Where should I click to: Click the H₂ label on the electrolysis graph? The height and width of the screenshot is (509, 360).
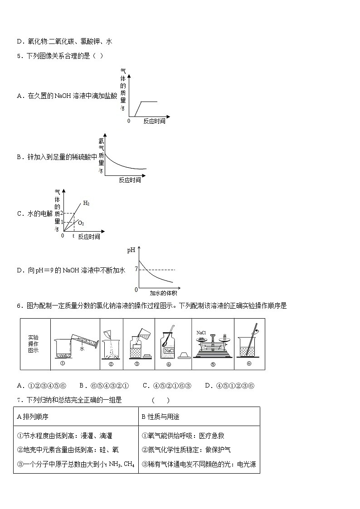point(86,204)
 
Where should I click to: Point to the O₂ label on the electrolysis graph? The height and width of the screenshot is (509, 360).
point(81,223)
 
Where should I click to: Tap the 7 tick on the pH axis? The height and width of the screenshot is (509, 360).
point(136,269)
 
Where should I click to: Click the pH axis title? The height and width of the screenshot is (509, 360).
point(131,250)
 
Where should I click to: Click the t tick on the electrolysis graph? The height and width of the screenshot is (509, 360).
point(73,236)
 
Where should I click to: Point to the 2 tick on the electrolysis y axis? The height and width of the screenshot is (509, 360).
point(62,213)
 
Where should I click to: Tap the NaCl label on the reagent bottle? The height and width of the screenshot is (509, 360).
point(169,351)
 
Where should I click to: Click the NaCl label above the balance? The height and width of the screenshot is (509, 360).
point(201,333)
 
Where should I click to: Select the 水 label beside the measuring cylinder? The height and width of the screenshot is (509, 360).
point(82,349)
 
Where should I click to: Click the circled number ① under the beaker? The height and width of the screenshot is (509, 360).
point(63,364)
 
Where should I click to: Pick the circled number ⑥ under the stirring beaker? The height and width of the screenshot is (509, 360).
point(249,364)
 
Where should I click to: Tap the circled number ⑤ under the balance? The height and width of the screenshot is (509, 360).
point(213,364)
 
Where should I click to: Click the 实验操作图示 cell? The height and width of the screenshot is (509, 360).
point(34,344)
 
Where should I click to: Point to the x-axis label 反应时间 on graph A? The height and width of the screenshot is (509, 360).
point(154,121)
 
